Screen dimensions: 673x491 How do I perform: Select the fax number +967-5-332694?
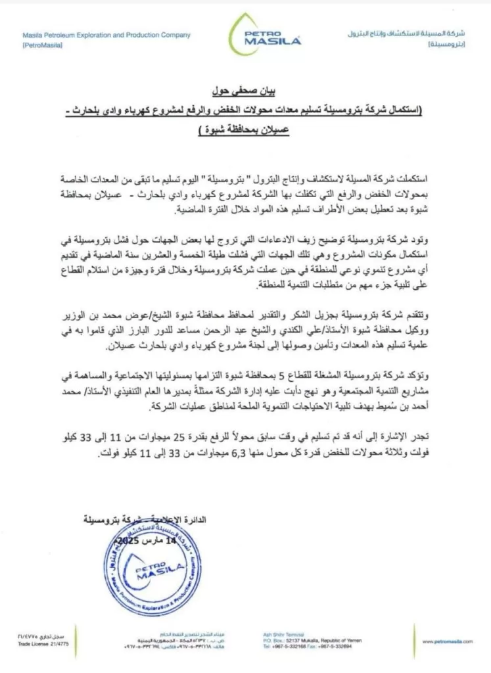pos(337,646)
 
